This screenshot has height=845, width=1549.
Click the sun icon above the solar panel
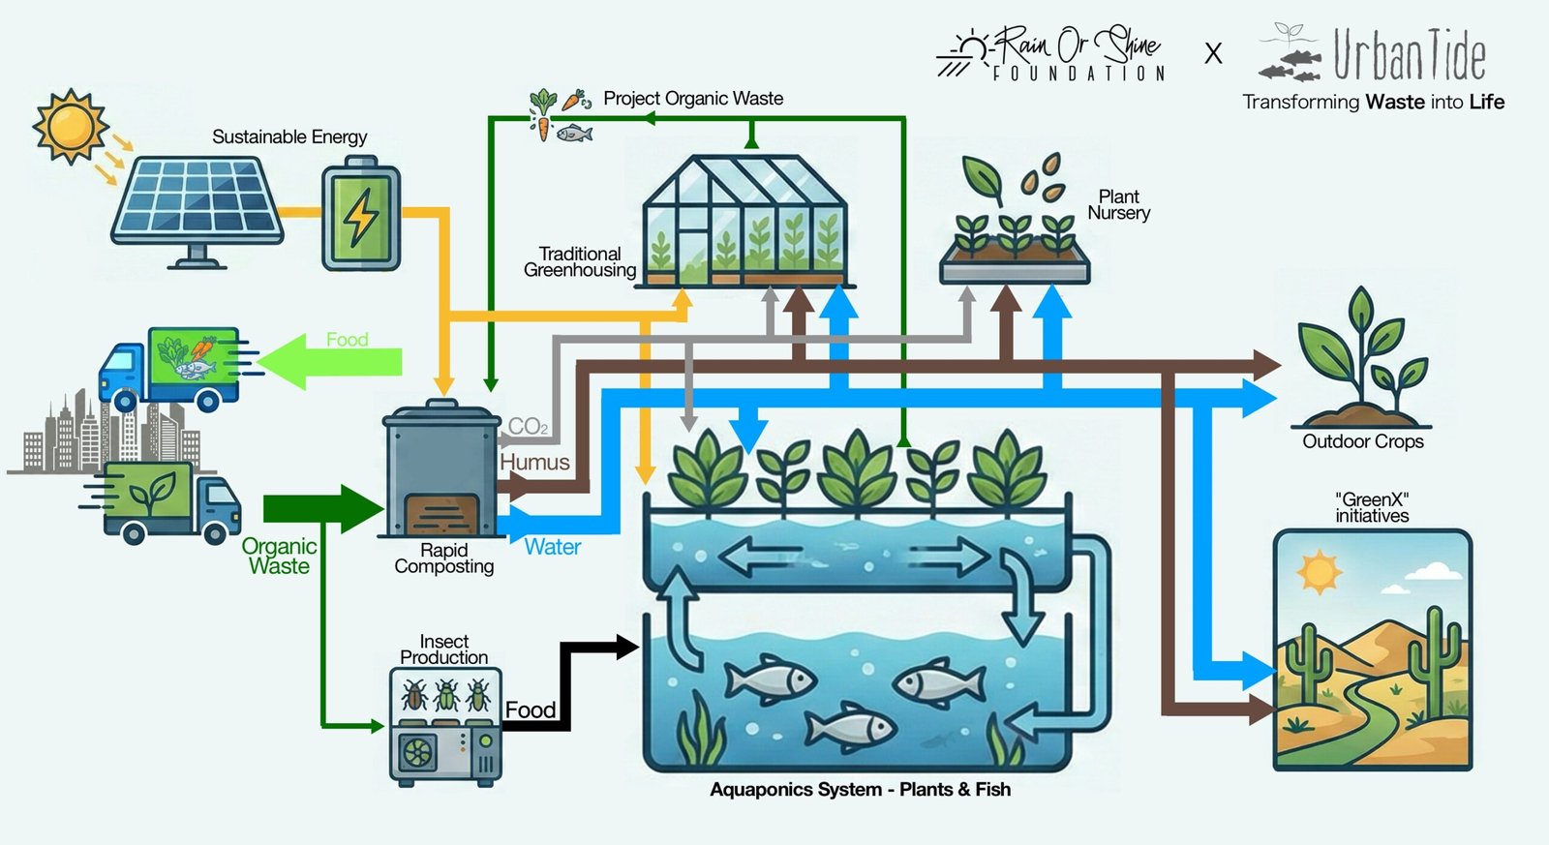click(70, 126)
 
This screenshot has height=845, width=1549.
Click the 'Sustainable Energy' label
click(289, 137)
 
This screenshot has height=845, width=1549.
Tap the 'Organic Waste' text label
click(279, 557)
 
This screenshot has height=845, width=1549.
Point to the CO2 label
click(528, 427)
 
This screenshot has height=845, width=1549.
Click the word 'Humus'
click(534, 463)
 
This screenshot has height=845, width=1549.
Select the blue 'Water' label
click(552, 547)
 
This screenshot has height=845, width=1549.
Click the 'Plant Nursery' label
click(1118, 205)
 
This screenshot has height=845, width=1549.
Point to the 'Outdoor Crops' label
click(1362, 441)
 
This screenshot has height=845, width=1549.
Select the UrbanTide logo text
click(1409, 55)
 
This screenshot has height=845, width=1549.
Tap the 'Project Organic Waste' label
click(693, 99)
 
